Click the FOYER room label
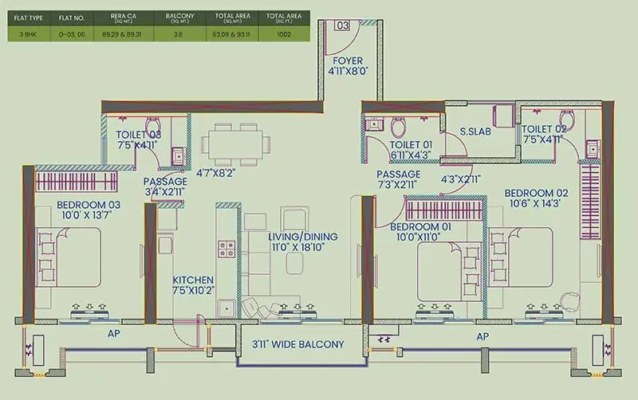coord(348,61)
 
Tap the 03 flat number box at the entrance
coord(342,25)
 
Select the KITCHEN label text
coord(193,280)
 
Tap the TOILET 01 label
coord(412,144)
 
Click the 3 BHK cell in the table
coord(23,34)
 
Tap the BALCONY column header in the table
coord(174,15)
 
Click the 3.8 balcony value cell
coord(174,34)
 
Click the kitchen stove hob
coord(226,247)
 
